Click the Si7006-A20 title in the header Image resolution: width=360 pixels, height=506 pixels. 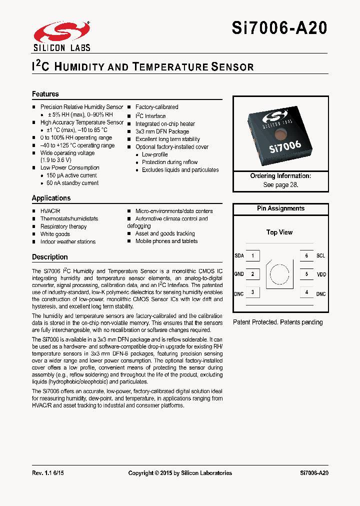[279, 28]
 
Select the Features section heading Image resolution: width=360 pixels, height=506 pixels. [45, 94]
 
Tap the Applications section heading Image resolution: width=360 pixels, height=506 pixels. [51, 198]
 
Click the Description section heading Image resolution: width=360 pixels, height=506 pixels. [50, 257]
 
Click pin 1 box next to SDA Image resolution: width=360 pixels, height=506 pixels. [252, 255]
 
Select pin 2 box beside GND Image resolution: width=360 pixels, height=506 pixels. [252, 274]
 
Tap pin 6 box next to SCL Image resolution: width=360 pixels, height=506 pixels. [306, 255]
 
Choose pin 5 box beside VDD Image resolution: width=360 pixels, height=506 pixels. [306, 274]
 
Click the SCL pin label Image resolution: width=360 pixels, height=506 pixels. [320, 255]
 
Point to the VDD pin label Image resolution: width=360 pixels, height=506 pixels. [321, 274]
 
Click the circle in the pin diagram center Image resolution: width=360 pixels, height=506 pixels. [279, 274]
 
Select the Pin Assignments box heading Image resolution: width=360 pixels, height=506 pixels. [280, 208]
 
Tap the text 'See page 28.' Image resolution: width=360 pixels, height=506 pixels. [280, 184]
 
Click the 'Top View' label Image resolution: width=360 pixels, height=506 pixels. [279, 232]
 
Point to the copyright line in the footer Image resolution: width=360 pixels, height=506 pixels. [180, 473]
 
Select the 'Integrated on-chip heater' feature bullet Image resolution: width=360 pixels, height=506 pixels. [165, 124]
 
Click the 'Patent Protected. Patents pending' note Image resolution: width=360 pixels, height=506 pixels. [278, 322]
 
